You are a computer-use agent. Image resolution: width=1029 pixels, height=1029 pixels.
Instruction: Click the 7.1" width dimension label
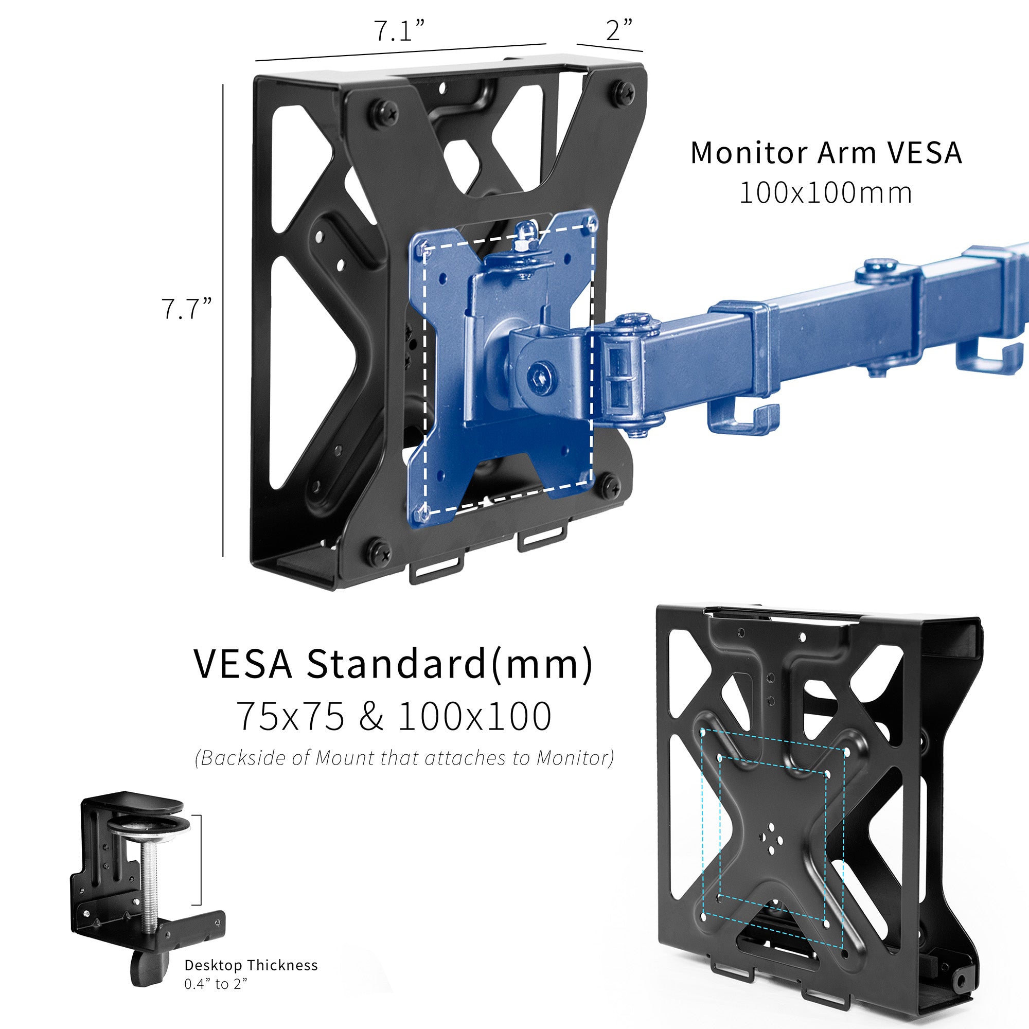tap(399, 31)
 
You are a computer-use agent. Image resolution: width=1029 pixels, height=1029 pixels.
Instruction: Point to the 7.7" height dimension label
tap(186, 309)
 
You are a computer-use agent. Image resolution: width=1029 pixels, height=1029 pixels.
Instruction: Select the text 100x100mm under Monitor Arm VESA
tap(826, 193)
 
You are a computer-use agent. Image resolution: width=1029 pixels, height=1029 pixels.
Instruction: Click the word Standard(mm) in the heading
tap(449, 664)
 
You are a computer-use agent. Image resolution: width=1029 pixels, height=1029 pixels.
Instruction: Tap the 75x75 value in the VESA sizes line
tap(290, 716)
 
